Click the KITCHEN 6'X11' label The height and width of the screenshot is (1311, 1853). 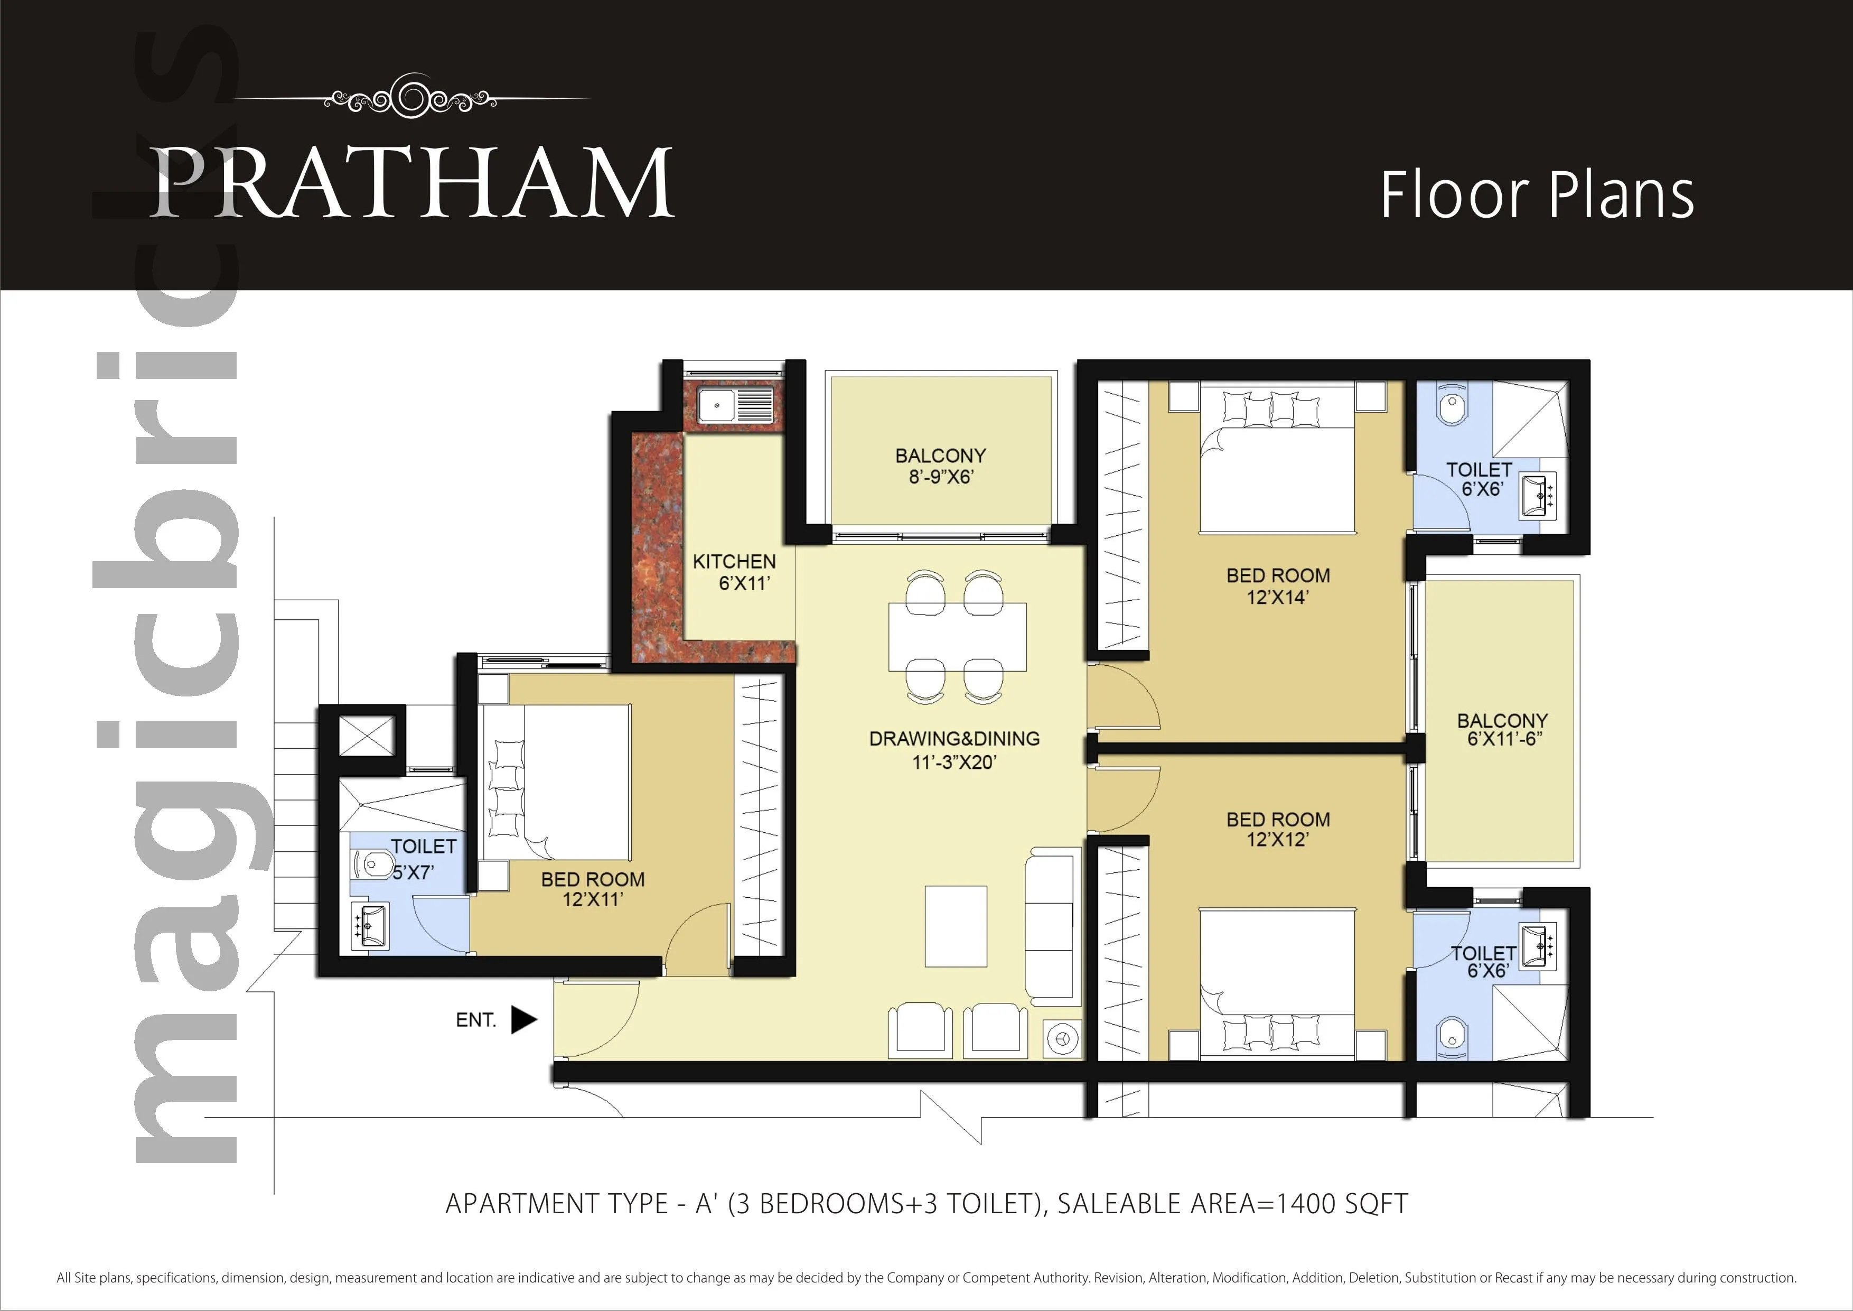coord(734,572)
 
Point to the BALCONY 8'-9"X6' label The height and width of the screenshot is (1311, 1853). coord(940,466)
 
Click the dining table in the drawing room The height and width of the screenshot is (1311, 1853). coord(957,636)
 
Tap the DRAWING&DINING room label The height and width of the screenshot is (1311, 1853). coord(954,750)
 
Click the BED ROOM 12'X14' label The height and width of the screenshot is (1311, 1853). coord(1278,586)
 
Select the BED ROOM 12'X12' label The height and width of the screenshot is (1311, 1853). coord(1278,829)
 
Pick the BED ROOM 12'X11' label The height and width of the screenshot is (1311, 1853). coord(592,889)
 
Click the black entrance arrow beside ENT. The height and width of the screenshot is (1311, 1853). coord(523,1019)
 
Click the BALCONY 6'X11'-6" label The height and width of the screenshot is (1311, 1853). coord(1502,729)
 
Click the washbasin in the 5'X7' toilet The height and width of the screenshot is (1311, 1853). coord(372,925)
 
